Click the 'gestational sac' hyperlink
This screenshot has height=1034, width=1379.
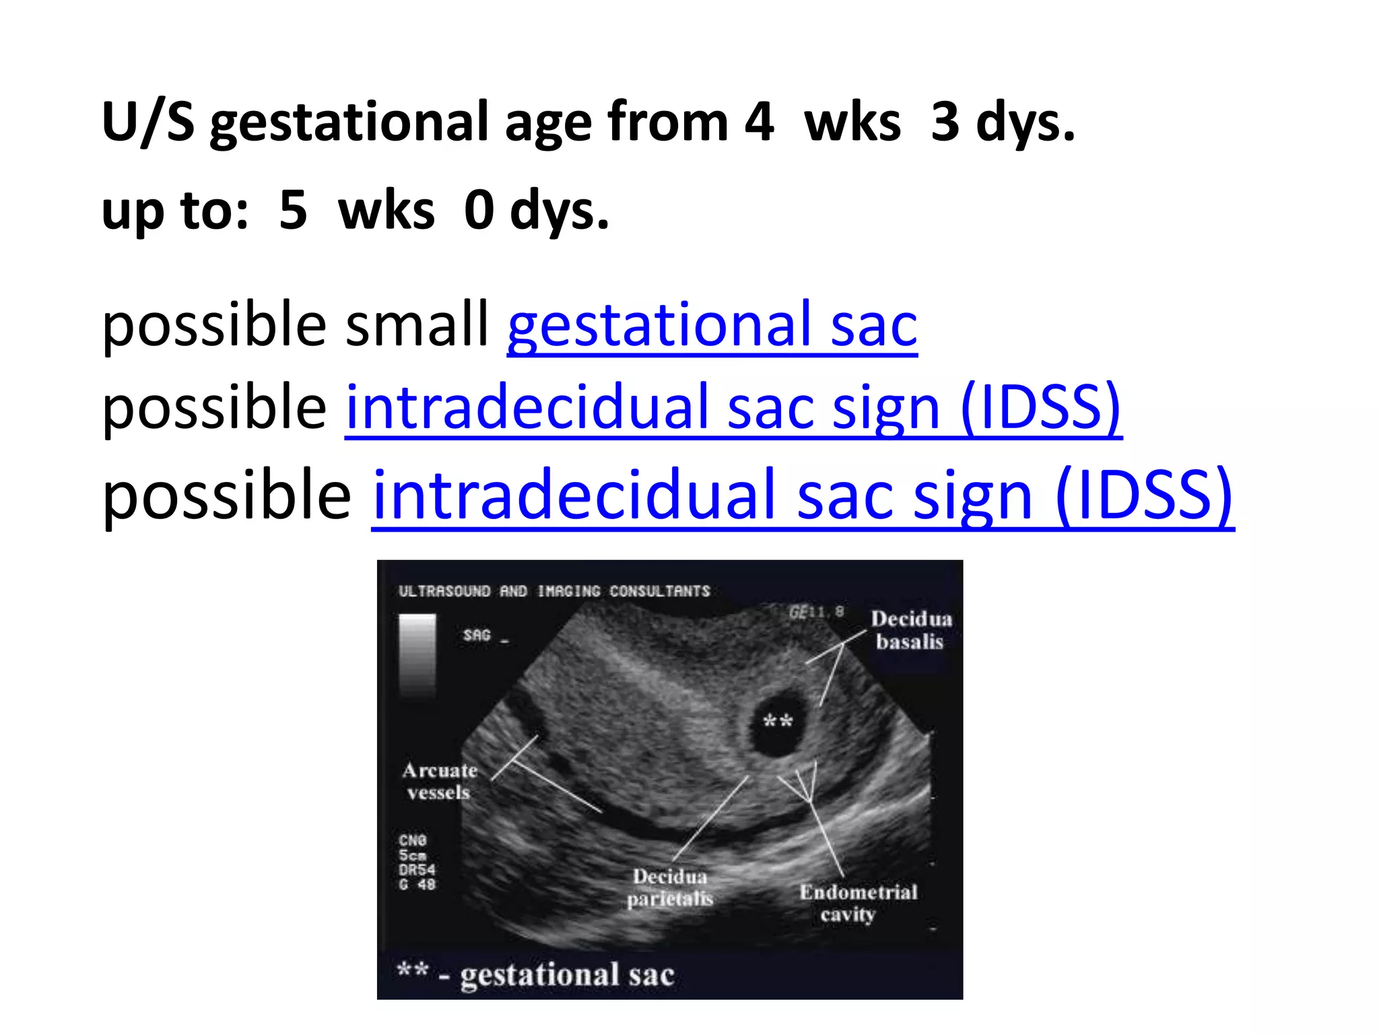click(x=712, y=326)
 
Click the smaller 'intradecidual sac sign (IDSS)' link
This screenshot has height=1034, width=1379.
click(x=733, y=408)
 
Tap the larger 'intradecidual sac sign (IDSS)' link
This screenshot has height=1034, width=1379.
click(x=802, y=496)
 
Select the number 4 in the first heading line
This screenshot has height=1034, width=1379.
click(x=759, y=122)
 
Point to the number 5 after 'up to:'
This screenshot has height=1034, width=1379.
click(x=293, y=211)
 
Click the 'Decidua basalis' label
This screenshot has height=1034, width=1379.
click(x=910, y=630)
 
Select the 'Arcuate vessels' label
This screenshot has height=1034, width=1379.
click(x=439, y=781)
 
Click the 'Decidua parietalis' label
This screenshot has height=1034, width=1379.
click(x=669, y=887)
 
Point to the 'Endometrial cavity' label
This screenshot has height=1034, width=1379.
click(x=858, y=903)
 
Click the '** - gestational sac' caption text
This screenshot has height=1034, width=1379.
click(x=535, y=974)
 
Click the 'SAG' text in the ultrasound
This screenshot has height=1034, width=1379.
click(x=477, y=635)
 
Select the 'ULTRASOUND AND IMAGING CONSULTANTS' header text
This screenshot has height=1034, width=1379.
click(x=554, y=591)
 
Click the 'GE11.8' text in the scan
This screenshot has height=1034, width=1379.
click(x=815, y=612)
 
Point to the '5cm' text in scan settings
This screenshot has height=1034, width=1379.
click(x=412, y=855)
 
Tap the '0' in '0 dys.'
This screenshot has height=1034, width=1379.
click(x=479, y=211)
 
